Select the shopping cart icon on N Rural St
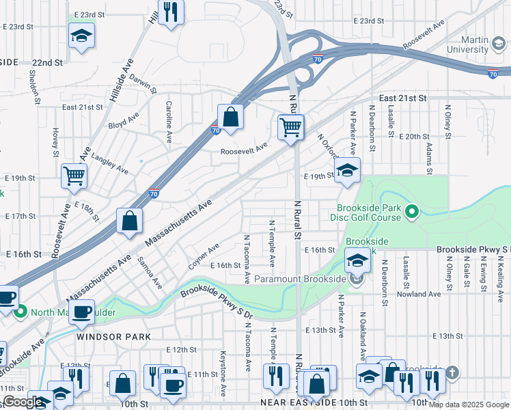pyautogui.click(x=291, y=127)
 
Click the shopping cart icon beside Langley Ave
pyautogui.click(x=74, y=176)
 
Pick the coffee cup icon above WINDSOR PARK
pyautogui.click(x=82, y=312)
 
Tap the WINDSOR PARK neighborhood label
pyautogui.click(x=113, y=337)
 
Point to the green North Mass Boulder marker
pyautogui.click(x=20, y=313)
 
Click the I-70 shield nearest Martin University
pyautogui.click(x=493, y=74)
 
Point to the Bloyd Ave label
pyautogui.click(x=123, y=126)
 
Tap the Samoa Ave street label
pyautogui.click(x=149, y=271)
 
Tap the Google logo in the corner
pyautogui.click(x=23, y=401)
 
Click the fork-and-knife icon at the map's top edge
pyautogui.click(x=171, y=12)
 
